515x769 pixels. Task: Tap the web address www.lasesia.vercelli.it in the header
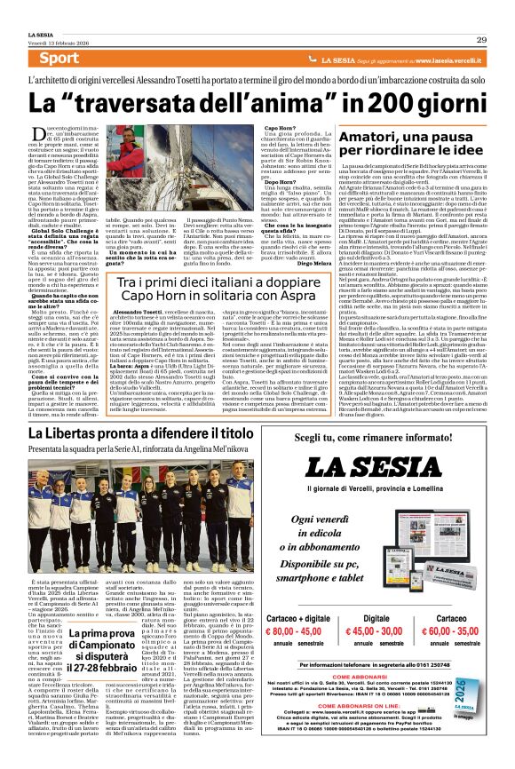pos(443,59)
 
